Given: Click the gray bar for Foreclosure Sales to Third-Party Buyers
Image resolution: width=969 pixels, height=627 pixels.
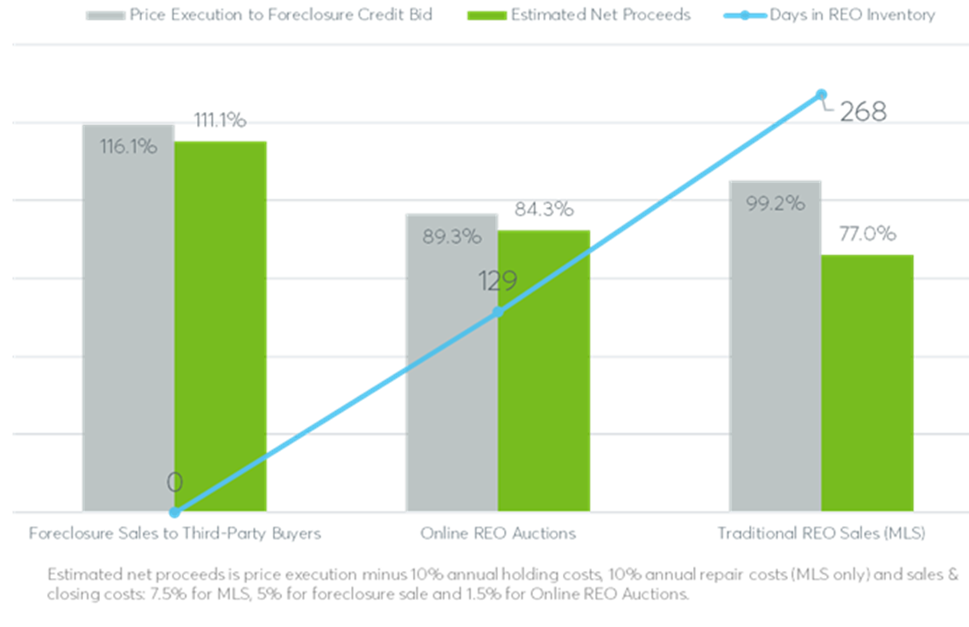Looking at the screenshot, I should click(x=128, y=332).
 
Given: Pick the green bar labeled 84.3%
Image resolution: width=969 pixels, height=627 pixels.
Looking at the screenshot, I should click(x=544, y=385).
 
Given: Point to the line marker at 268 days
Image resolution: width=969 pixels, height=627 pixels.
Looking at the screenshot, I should click(x=821, y=94).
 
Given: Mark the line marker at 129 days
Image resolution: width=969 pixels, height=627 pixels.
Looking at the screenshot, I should click(x=497, y=312).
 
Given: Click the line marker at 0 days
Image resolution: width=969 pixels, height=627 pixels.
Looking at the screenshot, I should click(x=174, y=512).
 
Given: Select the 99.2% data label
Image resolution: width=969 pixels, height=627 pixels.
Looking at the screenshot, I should click(x=776, y=203).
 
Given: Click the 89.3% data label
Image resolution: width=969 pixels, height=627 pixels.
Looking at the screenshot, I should click(x=452, y=236).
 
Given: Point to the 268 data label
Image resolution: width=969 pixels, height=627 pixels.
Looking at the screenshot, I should click(x=863, y=112).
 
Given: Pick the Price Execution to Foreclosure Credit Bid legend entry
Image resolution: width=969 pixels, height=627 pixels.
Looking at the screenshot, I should click(x=280, y=15).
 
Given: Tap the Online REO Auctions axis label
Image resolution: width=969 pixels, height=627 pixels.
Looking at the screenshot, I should click(x=497, y=533).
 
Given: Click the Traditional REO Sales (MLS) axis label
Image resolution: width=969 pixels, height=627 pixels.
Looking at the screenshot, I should click(x=821, y=533).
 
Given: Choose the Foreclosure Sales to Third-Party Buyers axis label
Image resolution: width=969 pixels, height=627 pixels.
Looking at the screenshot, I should click(x=175, y=533).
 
